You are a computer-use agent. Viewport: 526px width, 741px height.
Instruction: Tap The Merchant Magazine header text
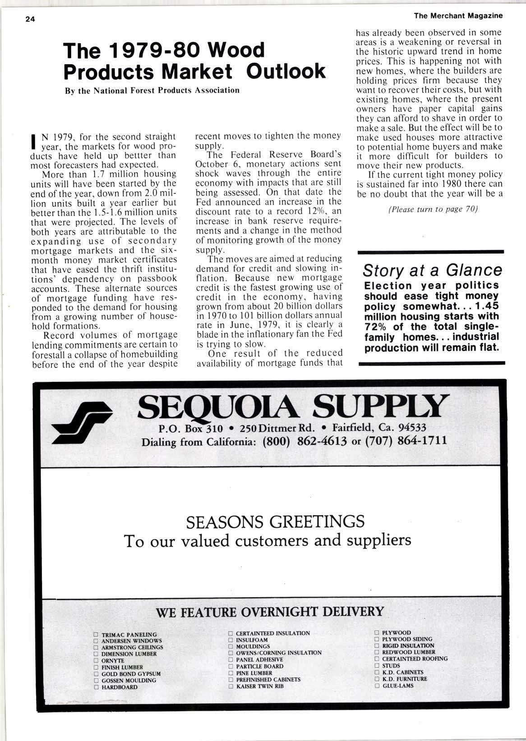[458, 16]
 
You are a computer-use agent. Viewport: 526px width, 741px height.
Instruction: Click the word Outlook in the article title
[286, 71]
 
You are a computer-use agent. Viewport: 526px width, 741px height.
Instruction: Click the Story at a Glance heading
[432, 270]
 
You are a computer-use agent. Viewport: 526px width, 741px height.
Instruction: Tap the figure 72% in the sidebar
[378, 326]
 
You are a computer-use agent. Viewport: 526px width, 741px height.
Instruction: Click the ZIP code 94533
[409, 427]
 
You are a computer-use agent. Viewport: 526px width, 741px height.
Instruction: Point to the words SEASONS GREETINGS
[275, 521]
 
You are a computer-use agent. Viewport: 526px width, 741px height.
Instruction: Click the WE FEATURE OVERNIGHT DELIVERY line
[269, 612]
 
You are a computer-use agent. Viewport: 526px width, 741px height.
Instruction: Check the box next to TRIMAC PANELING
[96, 635]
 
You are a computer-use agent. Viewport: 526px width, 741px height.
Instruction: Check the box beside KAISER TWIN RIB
[231, 686]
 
